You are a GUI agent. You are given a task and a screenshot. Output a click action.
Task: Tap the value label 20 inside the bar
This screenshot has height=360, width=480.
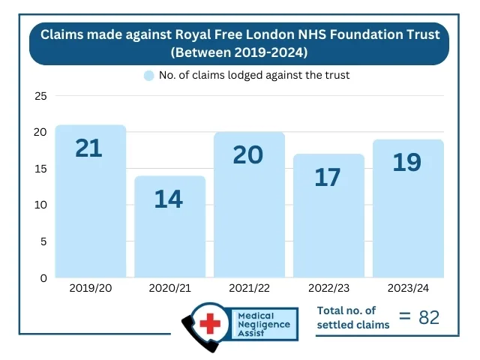tap(248, 154)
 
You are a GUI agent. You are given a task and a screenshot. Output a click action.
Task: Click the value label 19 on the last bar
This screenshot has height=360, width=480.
tap(407, 162)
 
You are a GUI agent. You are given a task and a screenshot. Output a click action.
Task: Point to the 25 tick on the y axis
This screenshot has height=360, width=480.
tap(40, 96)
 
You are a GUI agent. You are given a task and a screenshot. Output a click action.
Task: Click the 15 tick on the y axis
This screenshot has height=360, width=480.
tap(40, 169)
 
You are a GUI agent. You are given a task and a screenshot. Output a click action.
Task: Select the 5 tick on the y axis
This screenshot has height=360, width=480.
tap(43, 241)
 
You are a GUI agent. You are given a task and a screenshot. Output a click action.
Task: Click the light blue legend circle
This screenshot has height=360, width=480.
tap(149, 76)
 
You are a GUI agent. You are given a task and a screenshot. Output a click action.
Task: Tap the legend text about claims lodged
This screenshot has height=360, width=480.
tap(254, 76)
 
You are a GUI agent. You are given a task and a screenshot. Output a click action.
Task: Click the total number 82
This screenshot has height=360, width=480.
tap(429, 317)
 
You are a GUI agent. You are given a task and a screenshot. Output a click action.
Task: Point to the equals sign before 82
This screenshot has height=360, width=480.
tap(405, 317)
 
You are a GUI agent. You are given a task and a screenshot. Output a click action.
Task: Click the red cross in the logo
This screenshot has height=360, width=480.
tap(212, 325)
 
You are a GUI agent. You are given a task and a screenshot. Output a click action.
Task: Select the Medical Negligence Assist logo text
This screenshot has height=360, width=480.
tap(266, 325)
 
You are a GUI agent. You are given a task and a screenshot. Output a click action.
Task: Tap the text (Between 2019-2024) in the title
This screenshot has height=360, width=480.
tap(239, 53)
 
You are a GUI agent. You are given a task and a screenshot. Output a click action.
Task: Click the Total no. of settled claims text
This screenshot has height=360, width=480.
tap(353, 317)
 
